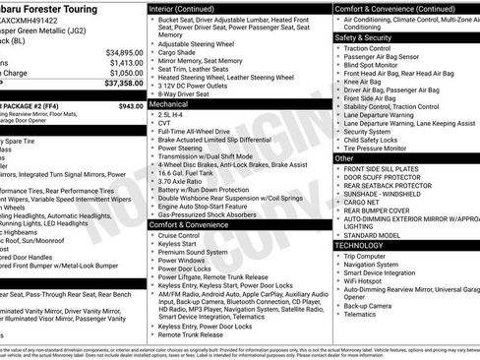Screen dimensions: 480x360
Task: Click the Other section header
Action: pyautogui.click(x=345, y=157)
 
